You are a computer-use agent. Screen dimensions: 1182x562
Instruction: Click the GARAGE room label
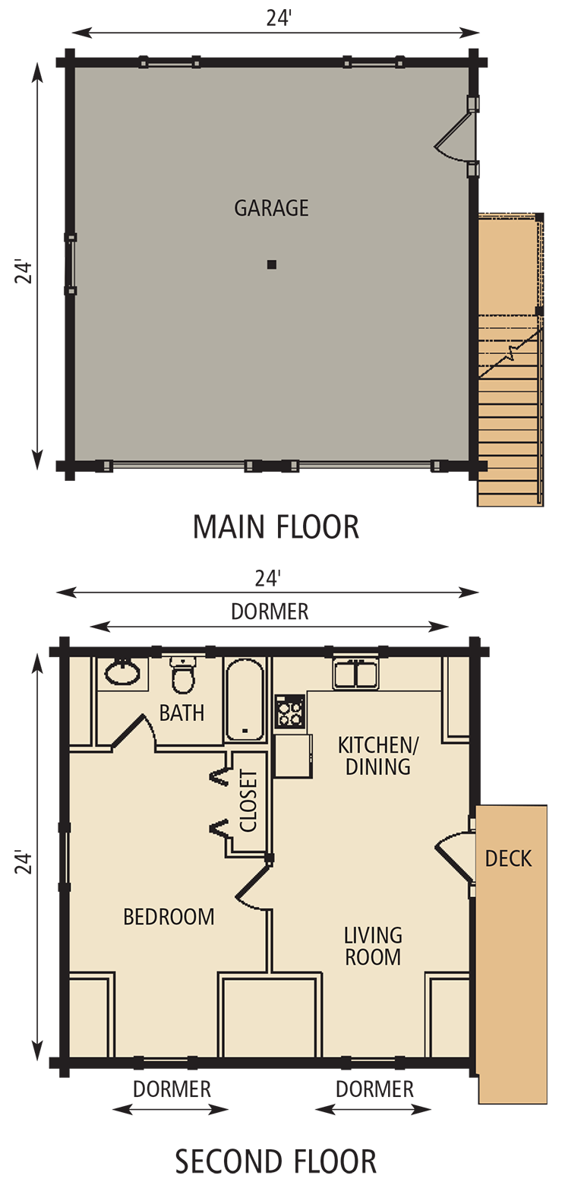271,207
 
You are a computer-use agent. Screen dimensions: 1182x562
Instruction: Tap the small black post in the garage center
271,264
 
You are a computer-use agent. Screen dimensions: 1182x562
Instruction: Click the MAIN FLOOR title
276,527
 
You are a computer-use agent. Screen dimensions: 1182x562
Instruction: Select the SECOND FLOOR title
276,1161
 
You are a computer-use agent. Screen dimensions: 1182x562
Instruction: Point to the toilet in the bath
183,675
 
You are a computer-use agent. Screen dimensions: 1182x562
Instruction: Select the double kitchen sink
355,675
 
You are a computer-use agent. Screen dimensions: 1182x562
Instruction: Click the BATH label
182,713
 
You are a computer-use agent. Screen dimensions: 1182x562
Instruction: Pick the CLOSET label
248,801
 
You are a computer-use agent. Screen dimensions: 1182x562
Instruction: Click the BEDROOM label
169,917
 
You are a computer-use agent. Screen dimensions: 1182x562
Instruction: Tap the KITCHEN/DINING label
377,755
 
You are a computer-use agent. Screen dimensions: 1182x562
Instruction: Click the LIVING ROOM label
373,946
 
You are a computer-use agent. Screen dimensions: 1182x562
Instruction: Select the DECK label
508,858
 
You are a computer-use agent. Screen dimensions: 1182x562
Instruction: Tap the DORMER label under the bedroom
172,1089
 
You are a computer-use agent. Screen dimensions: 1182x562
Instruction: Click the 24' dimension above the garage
279,19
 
